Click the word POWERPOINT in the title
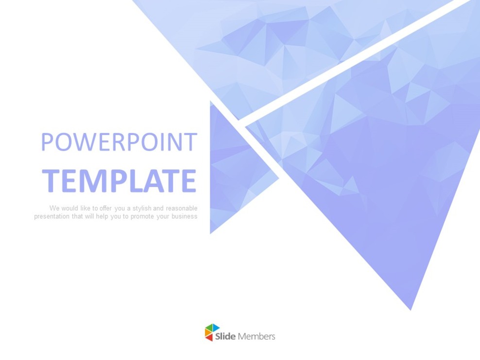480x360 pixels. click(119, 142)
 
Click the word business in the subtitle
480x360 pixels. click(185, 217)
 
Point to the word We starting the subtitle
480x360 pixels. click(54, 208)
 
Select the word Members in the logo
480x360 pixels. click(257, 336)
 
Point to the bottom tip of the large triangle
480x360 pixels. click(411, 308)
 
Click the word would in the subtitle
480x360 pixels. click(69, 208)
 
